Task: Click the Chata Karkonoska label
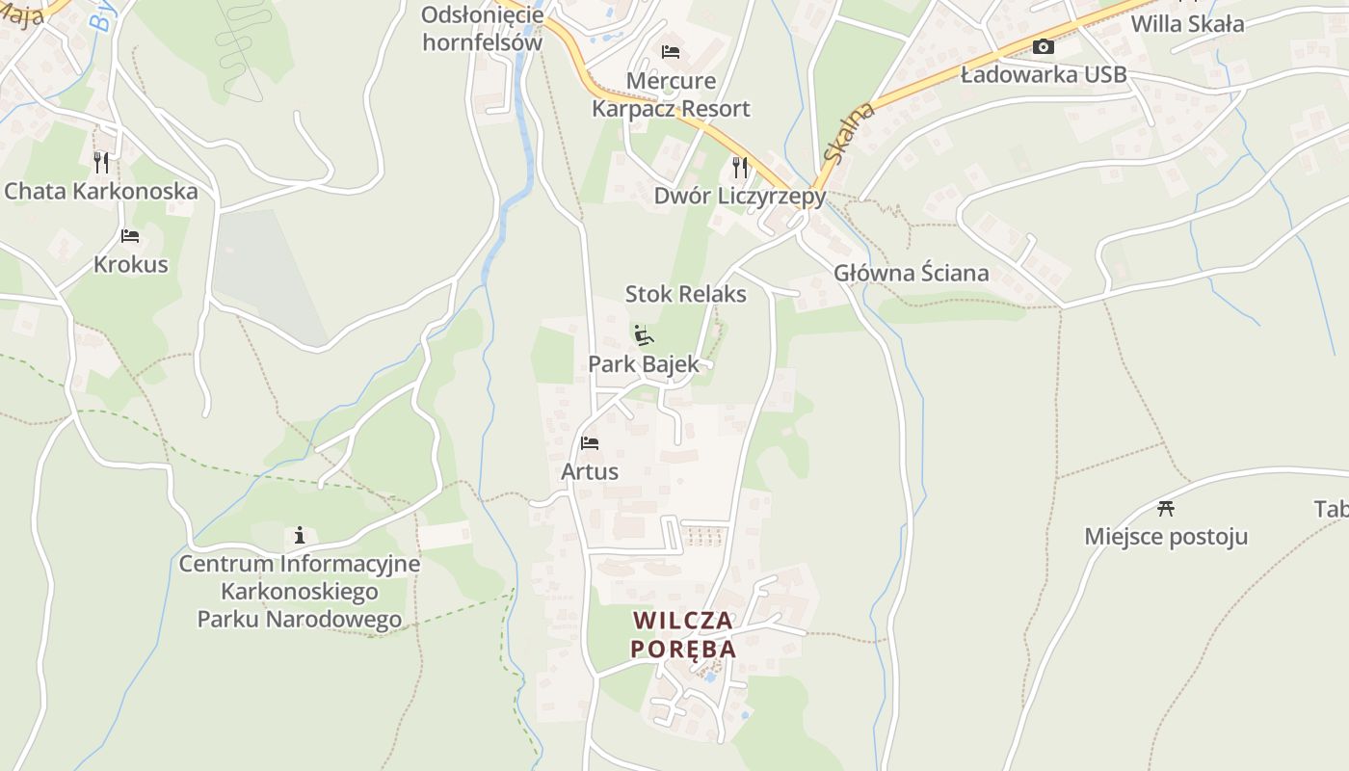101,191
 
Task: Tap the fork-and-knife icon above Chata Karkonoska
101,162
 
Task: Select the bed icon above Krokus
130,236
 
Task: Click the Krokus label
130,264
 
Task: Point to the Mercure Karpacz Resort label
671,94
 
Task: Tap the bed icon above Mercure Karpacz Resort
671,51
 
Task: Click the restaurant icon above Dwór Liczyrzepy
740,167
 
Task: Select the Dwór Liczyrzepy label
740,196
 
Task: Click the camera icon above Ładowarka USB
1043,46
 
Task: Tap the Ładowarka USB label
1043,74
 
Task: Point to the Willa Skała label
1187,24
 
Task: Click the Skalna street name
849,133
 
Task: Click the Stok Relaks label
685,294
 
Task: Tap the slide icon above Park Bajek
644,336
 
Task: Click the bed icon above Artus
590,443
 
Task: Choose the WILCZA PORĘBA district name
683,634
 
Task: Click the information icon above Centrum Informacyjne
300,535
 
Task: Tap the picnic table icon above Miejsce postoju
1166,508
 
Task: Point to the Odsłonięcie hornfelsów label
483,29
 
